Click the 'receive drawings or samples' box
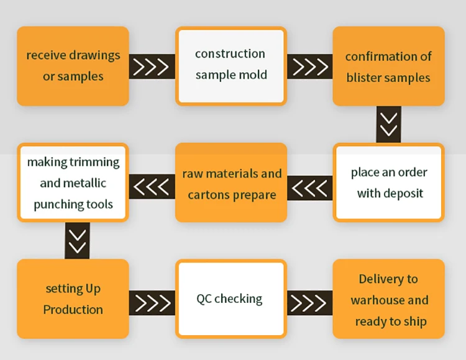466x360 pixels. [73, 66]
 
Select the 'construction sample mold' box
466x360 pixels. [231, 66]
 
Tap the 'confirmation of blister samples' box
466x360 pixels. [388, 66]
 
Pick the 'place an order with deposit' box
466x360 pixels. [388, 182]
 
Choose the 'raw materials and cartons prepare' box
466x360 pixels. [231, 182]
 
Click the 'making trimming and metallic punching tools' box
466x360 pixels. [73, 182]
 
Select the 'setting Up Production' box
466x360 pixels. [73, 299]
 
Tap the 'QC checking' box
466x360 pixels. [231, 299]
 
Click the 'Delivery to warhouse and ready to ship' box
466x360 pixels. [388, 299]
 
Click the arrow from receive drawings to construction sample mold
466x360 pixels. [152, 66]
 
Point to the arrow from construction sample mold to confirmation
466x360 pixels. [309, 66]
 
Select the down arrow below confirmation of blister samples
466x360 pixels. [389, 124]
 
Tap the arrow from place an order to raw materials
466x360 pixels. [309, 187]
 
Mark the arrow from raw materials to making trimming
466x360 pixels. [152, 187]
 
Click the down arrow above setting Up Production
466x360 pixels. [77, 241]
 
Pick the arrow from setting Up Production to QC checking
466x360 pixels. [152, 303]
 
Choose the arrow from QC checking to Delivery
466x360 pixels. [309, 303]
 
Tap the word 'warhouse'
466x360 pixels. [378, 300]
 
